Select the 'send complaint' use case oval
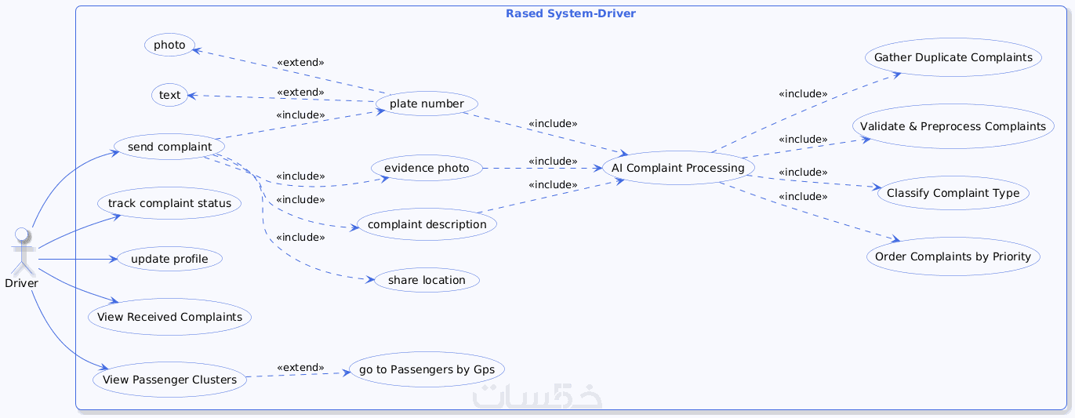(169, 147)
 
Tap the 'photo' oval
(169, 45)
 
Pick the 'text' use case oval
(169, 96)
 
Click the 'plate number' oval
(427, 104)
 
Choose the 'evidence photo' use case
(427, 168)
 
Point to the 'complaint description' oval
(427, 224)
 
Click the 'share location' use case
(427, 280)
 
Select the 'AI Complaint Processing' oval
(678, 168)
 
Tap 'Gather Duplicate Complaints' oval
(953, 57)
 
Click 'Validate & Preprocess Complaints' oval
(953, 126)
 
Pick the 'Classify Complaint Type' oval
(953, 192)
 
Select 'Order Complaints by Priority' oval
(953, 256)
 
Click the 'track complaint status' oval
(169, 203)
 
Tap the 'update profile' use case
(169, 259)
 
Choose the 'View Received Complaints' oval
(169, 318)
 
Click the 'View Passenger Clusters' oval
(169, 380)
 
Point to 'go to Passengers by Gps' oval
(427, 369)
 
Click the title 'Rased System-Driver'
(570, 14)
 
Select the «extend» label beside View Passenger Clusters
(300, 368)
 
